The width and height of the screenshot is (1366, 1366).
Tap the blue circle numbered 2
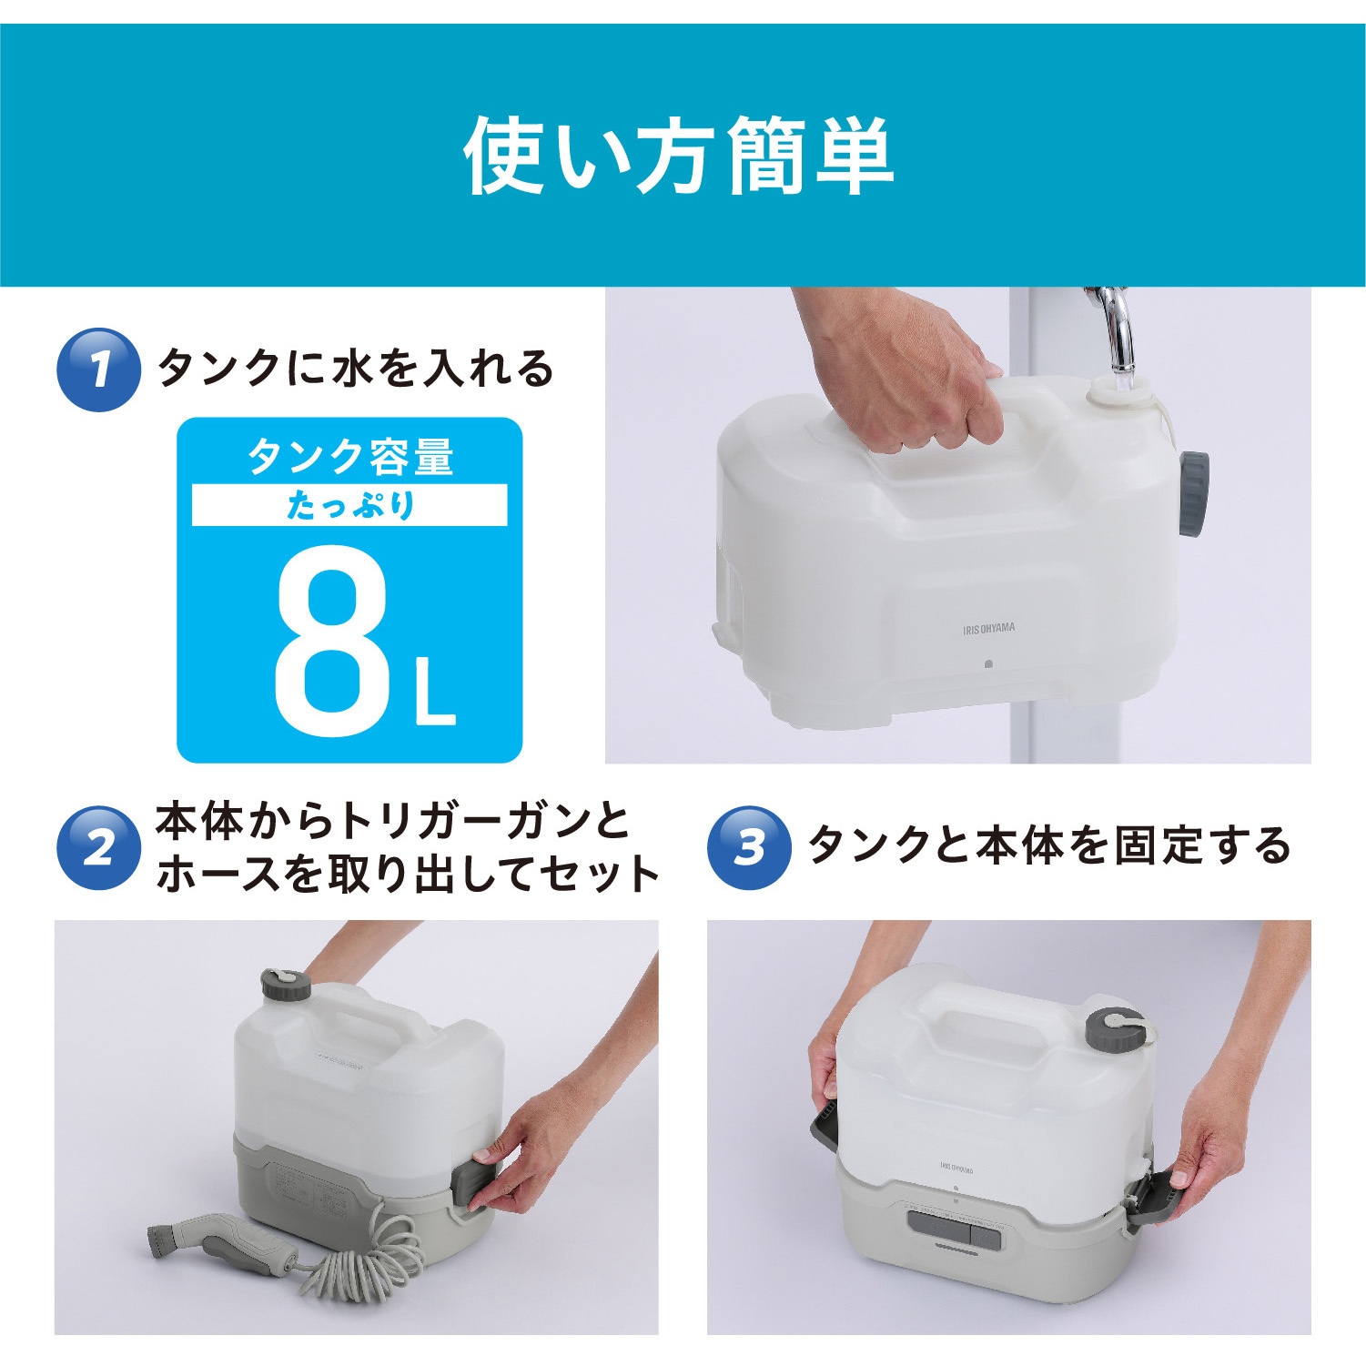98,847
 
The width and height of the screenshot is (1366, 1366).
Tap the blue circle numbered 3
749,847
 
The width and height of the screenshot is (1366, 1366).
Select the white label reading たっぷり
349,505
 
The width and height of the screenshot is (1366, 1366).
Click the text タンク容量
349,457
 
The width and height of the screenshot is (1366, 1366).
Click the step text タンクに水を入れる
356,369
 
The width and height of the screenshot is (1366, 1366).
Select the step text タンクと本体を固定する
1049,845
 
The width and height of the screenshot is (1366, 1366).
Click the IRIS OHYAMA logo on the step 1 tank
988,628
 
